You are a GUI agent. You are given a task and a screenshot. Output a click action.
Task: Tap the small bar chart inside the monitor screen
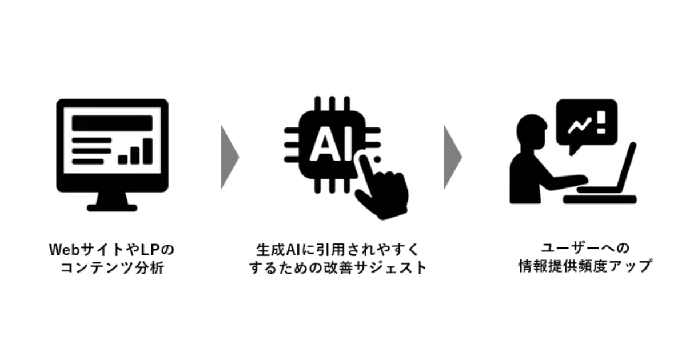point(135,151)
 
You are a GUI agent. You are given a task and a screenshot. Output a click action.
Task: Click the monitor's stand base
point(112,207)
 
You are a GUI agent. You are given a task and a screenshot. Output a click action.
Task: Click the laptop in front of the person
point(609,183)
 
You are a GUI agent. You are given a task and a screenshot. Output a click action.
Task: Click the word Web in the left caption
point(63,250)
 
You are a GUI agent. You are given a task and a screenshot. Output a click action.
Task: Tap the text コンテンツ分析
point(112,267)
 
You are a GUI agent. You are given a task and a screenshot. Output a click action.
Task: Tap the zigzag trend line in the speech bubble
point(578,125)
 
